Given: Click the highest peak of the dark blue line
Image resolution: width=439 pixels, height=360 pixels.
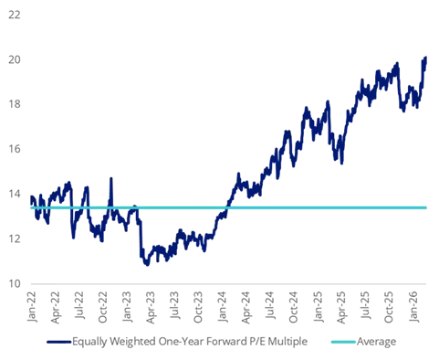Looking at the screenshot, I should (427, 55).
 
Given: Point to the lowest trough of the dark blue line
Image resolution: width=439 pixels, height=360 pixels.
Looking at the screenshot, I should (143, 266).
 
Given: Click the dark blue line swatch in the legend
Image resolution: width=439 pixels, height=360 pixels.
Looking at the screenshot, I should (58, 344).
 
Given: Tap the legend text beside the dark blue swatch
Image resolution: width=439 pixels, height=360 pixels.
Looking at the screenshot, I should (193, 344).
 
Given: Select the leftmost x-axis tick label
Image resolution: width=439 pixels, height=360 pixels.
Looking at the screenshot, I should (35, 302).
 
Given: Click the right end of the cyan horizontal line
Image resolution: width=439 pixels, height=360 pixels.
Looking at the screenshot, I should (428, 208).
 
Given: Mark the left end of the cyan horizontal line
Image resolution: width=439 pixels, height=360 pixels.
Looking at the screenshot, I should (31, 208).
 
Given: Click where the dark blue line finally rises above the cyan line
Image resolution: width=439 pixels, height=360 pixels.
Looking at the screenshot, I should (225, 208).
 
